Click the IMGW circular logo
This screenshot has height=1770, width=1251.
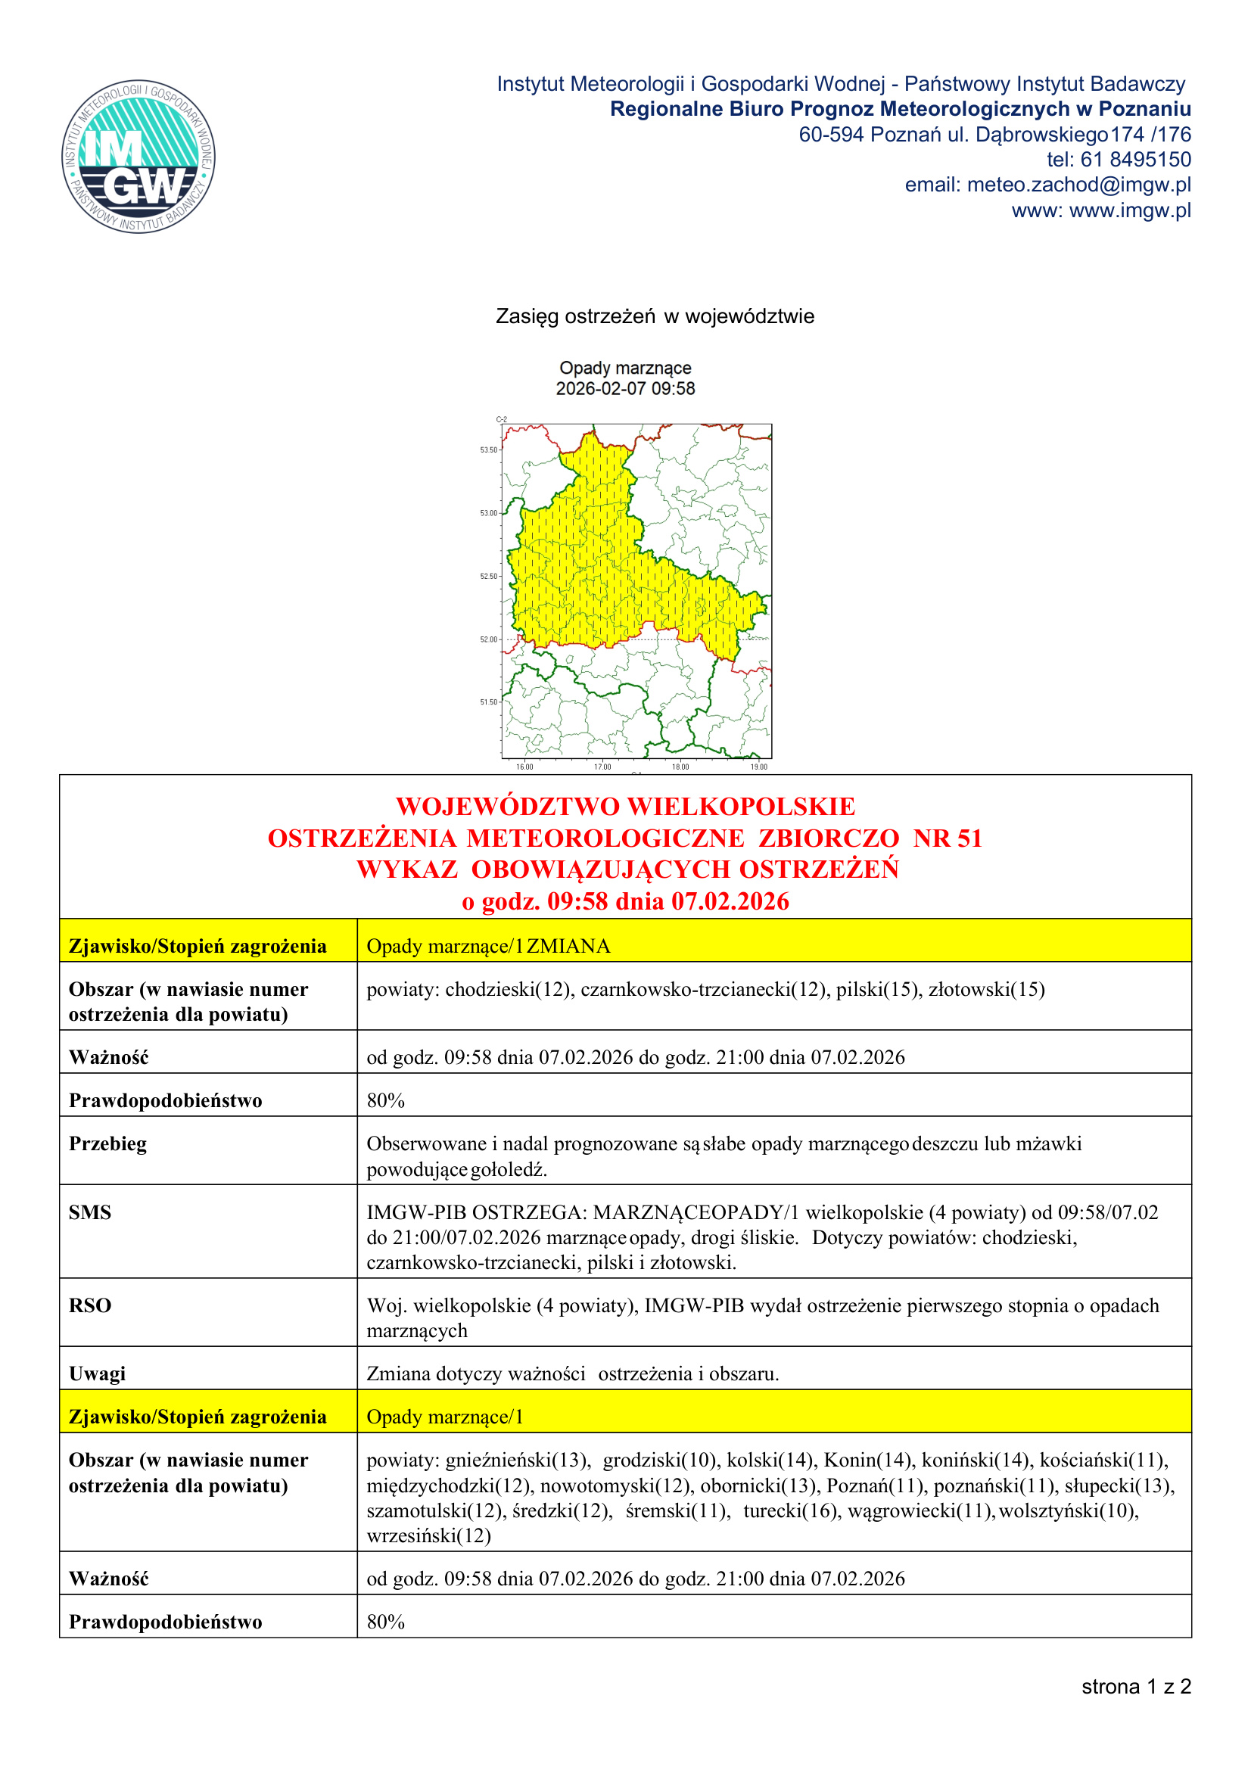click(x=138, y=157)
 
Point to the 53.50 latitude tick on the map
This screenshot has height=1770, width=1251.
click(x=489, y=449)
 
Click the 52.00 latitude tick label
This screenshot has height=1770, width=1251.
click(x=489, y=639)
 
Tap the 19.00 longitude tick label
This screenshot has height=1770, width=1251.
click(x=758, y=767)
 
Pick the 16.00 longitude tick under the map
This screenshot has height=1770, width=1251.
click(x=524, y=767)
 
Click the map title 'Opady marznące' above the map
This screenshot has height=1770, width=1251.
click(x=625, y=368)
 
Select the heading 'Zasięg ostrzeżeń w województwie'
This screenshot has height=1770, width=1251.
click(x=655, y=316)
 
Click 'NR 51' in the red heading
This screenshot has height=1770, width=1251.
click(x=948, y=838)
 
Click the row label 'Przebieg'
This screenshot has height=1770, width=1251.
click(x=107, y=1143)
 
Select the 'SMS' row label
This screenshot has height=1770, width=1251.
click(x=89, y=1212)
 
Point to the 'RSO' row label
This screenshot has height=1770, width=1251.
click(x=89, y=1305)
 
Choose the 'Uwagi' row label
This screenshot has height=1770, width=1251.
click(x=97, y=1373)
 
